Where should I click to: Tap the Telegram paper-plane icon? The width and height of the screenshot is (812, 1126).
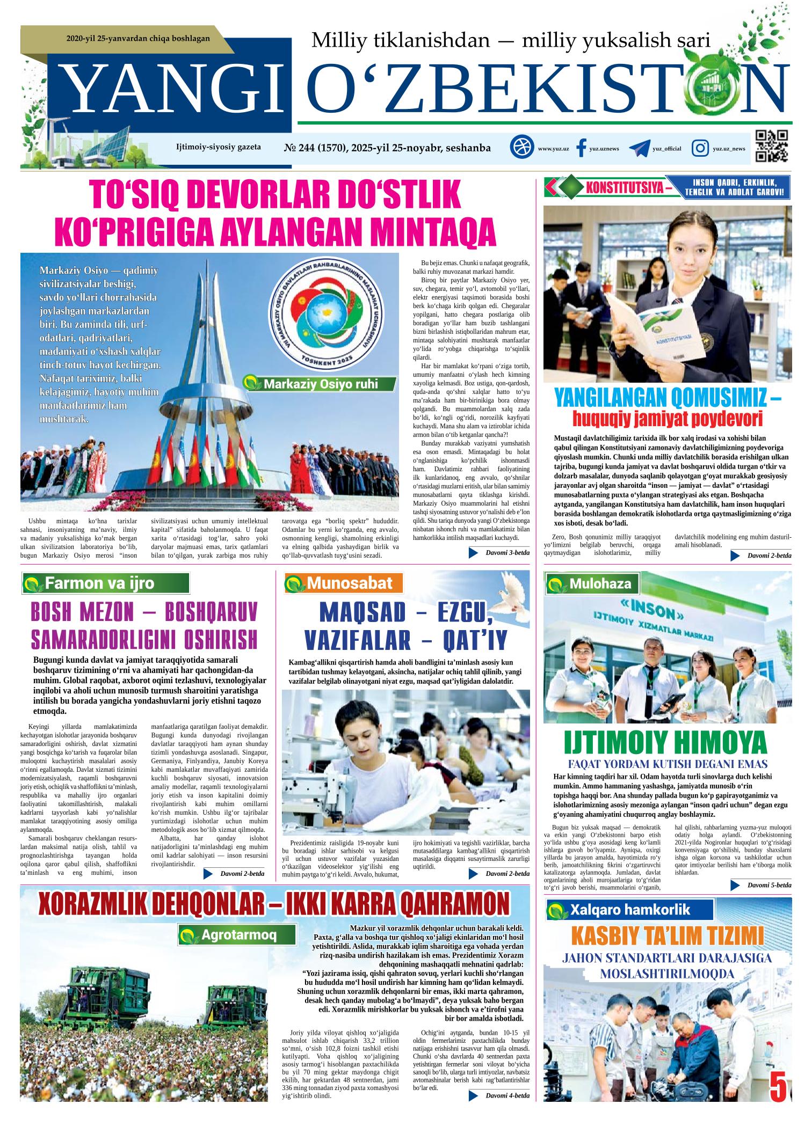point(640,149)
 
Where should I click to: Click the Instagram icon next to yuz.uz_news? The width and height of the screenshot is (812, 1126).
point(700,148)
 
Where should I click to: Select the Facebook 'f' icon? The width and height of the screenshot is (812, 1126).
point(581,148)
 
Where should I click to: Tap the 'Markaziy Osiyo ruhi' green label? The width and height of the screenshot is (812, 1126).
point(320,384)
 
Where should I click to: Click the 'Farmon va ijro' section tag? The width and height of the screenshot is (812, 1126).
point(105,583)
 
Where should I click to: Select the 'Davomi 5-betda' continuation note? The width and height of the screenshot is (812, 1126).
point(763,884)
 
